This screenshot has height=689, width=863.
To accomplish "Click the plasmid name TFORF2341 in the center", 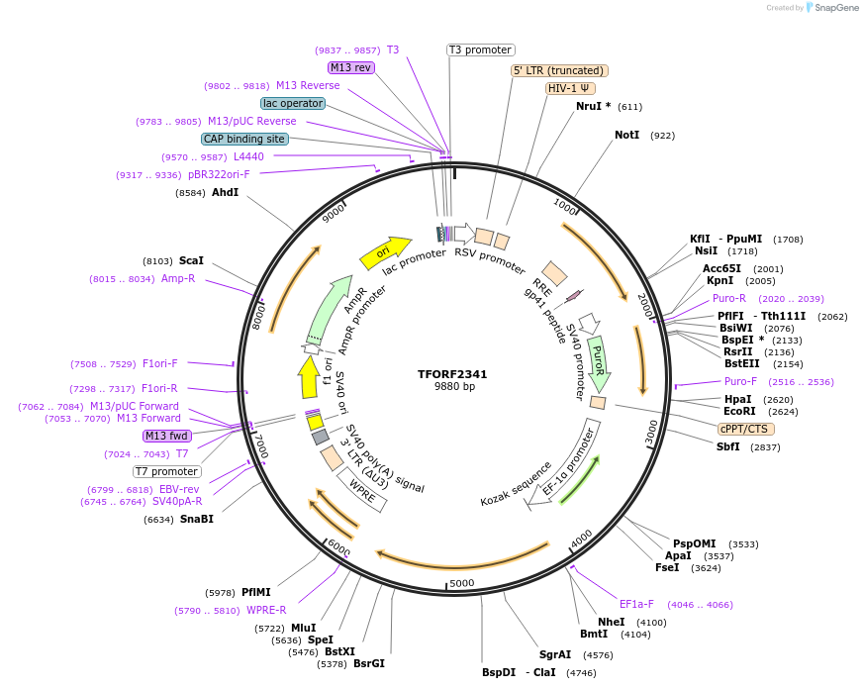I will pyautogui.click(x=452, y=374).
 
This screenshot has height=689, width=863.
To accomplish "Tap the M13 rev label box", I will pyautogui.click(x=351, y=67).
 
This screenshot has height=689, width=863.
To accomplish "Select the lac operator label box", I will pyautogui.click(x=293, y=103).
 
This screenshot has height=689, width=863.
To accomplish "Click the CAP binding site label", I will pyautogui.click(x=244, y=139).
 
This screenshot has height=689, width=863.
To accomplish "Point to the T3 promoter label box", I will pyautogui.click(x=481, y=49).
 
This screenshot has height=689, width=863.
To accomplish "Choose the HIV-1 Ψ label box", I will pyautogui.click(x=571, y=88).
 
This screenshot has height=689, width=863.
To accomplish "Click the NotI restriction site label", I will pyautogui.click(x=626, y=135).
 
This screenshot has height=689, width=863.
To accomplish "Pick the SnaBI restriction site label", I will pyautogui.click(x=196, y=519).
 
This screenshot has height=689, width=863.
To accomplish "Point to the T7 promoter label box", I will pyautogui.click(x=166, y=471).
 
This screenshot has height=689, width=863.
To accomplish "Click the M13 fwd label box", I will pyautogui.click(x=166, y=436).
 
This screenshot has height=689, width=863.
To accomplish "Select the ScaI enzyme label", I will pyautogui.click(x=191, y=260).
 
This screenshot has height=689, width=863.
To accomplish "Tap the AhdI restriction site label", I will pyautogui.click(x=225, y=192).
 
